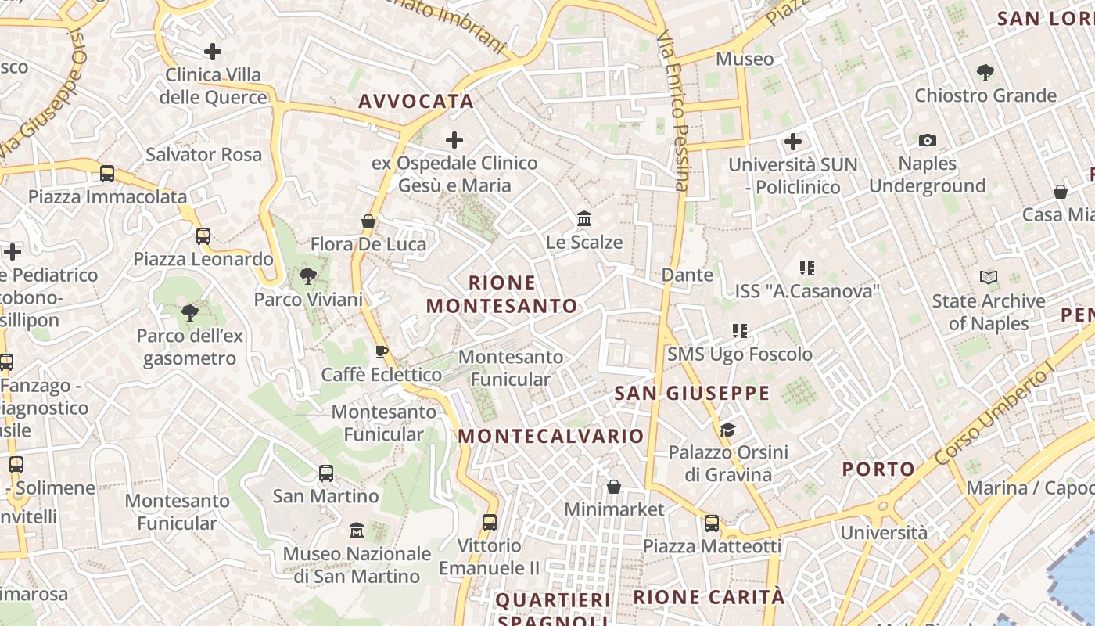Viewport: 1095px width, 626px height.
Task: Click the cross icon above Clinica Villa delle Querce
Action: pyautogui.click(x=212, y=52)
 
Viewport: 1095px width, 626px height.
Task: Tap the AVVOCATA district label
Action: pyautogui.click(x=416, y=101)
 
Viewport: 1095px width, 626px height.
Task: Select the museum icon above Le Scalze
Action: pyautogui.click(x=584, y=219)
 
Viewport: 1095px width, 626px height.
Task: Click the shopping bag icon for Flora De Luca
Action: pyautogui.click(x=368, y=222)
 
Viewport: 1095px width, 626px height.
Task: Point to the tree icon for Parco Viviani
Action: pyautogui.click(x=307, y=275)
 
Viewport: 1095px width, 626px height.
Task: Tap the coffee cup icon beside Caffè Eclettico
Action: pyautogui.click(x=382, y=351)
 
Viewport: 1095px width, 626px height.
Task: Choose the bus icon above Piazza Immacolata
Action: pyautogui.click(x=107, y=174)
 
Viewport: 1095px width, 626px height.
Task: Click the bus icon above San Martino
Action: pyautogui.click(x=326, y=473)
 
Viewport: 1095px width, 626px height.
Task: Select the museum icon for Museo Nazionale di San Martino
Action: pyautogui.click(x=357, y=531)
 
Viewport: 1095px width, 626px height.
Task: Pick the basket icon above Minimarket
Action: pyautogui.click(x=614, y=487)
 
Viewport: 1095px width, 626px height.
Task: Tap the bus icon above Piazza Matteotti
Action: pyautogui.click(x=712, y=523)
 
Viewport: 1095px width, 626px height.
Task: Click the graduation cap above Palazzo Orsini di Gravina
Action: pyautogui.click(x=727, y=430)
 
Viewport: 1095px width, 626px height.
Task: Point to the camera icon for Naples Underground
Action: pyautogui.click(x=928, y=141)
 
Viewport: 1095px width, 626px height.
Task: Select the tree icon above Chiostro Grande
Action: pyautogui.click(x=985, y=73)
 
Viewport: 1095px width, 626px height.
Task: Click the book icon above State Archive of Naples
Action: pyautogui.click(x=989, y=278)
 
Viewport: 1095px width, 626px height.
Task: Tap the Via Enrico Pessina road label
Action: pyautogui.click(x=673, y=110)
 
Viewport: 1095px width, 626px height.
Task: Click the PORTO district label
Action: pyautogui.click(x=878, y=469)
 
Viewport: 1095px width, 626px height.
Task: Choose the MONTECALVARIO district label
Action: pyautogui.click(x=551, y=436)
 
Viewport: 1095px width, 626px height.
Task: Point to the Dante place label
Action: pyautogui.click(x=688, y=275)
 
